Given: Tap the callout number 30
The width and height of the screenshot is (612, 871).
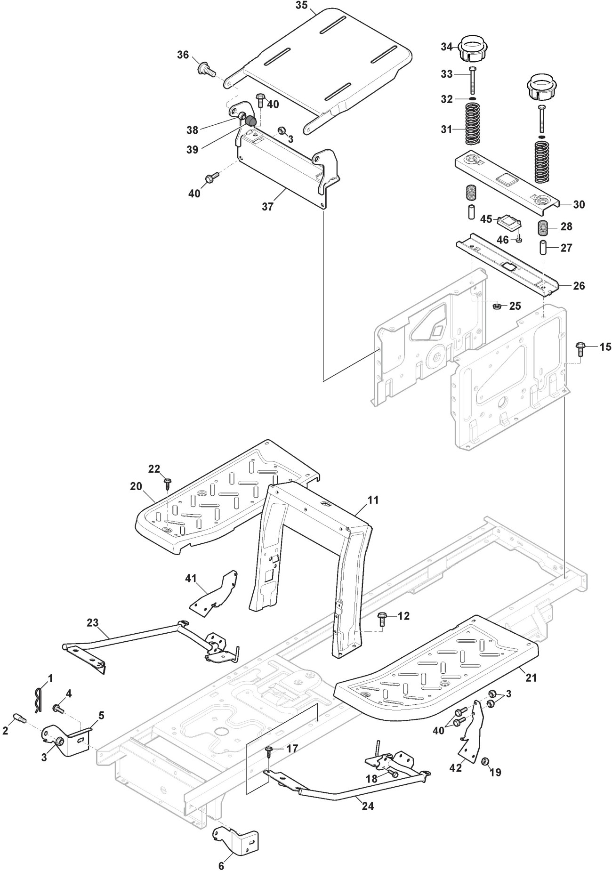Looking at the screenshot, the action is click(579, 204).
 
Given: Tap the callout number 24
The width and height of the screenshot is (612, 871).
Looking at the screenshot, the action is click(368, 806).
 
